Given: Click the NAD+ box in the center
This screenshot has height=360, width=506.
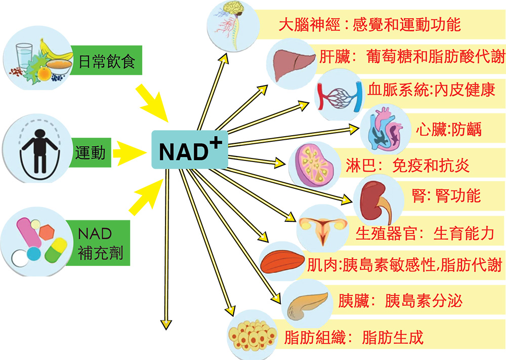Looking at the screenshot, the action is [190, 149].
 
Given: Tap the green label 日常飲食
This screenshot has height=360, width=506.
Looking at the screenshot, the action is [106, 60].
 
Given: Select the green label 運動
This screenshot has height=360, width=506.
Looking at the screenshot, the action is [90, 152].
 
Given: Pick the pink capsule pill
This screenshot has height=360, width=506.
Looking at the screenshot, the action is [29, 233].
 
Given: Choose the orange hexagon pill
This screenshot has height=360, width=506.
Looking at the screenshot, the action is [47, 232].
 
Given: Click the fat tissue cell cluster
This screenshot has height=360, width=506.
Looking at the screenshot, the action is [252, 336].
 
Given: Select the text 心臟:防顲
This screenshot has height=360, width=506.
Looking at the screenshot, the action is [448, 130].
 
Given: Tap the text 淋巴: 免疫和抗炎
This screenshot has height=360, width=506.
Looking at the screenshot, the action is [407, 166].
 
